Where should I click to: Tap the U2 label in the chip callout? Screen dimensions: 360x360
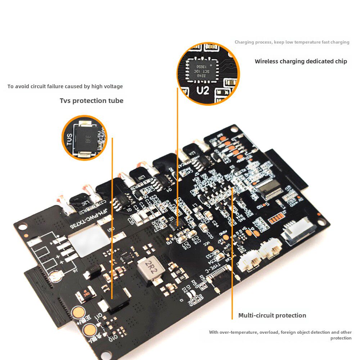[x=203, y=90]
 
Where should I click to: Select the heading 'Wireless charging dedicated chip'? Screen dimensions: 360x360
[x=301, y=61]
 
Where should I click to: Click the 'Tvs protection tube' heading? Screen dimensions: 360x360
[x=91, y=101]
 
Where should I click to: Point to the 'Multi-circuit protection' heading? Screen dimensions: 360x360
[x=272, y=315]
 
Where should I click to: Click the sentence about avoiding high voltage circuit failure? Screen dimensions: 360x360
[x=65, y=86]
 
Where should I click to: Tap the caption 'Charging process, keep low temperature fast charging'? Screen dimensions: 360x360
[x=292, y=42]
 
